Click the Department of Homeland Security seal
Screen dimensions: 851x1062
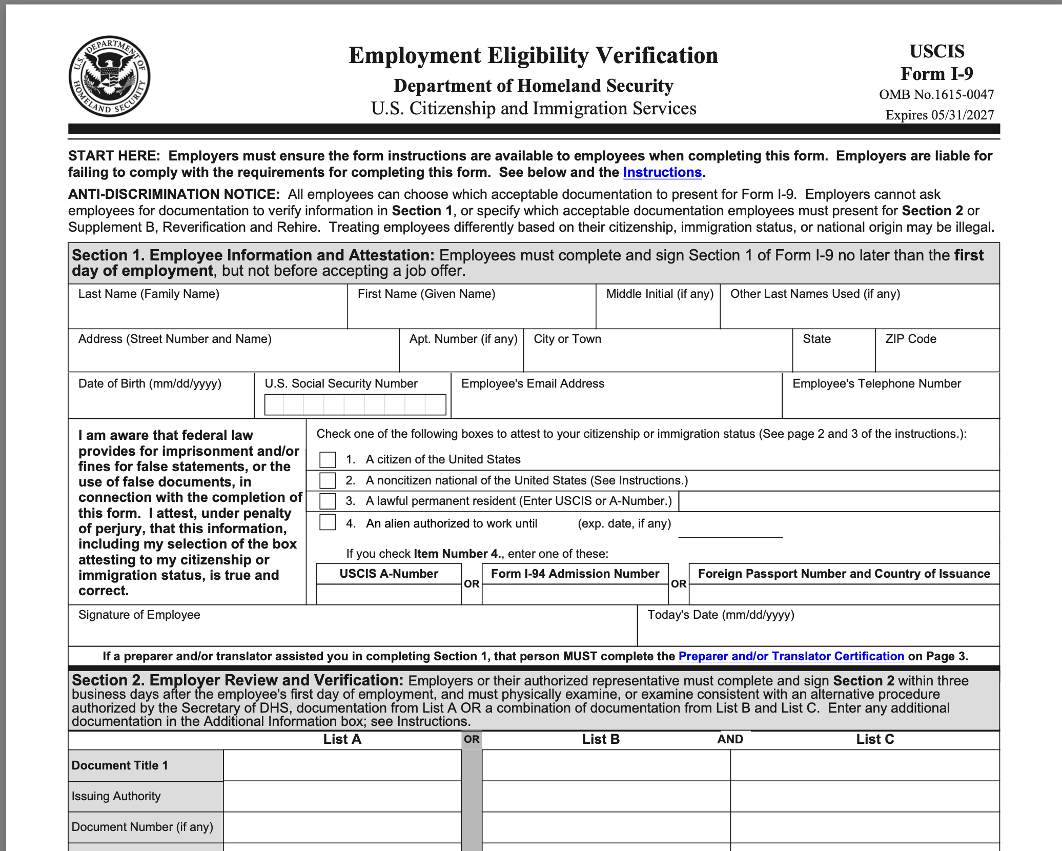[x=109, y=76]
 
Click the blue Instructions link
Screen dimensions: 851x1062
[x=662, y=172]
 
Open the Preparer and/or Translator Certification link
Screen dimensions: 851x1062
[x=791, y=656]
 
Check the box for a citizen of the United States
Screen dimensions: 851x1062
[x=328, y=459]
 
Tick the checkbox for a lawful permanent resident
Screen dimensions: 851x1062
[x=328, y=501]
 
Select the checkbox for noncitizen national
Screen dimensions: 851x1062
[x=328, y=480]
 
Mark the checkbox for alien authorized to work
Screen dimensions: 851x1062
[x=328, y=522]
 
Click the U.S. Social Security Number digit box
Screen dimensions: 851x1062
[x=355, y=404]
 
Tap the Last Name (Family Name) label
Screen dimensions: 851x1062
[x=149, y=294]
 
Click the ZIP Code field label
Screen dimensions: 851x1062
[x=910, y=339]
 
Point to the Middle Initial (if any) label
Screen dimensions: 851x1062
[x=659, y=294]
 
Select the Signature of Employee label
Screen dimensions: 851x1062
[x=139, y=615]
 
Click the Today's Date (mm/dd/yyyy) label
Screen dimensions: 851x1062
[x=720, y=615]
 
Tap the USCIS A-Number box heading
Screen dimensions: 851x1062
[x=389, y=574]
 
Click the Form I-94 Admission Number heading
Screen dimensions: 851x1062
[x=575, y=574]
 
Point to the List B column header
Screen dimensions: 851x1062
[x=600, y=739]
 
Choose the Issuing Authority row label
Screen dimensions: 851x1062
[x=116, y=796]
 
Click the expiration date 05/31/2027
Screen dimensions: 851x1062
[x=962, y=115]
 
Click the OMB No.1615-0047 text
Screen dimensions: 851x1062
[x=936, y=94]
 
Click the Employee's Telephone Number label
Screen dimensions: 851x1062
[x=876, y=383]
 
